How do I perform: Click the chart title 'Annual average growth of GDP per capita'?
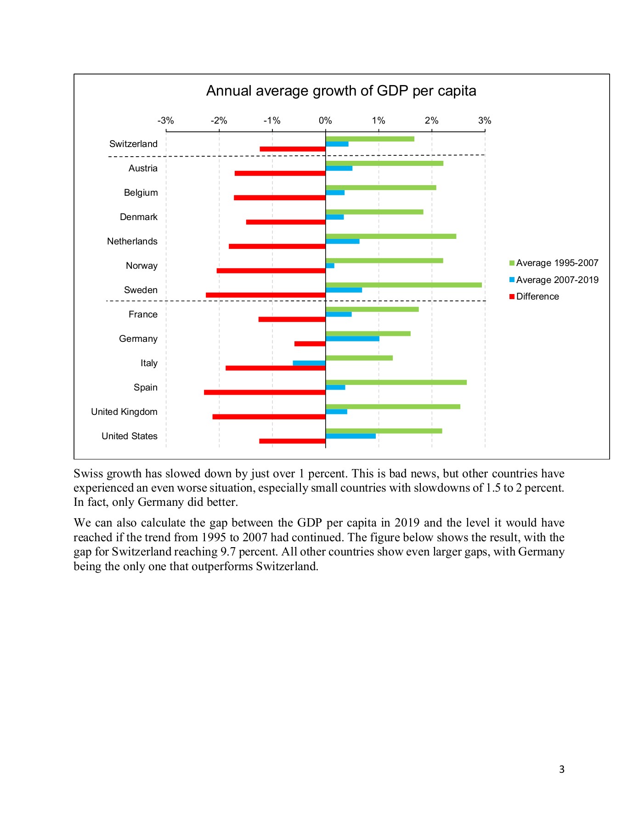pos(341,91)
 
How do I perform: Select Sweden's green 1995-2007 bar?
pos(403,285)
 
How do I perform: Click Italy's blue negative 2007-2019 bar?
pos(309,363)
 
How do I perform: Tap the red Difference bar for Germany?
pos(310,344)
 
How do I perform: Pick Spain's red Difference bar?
pos(265,392)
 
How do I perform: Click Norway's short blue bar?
pos(330,266)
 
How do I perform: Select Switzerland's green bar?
pos(370,139)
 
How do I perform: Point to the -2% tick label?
pos(219,121)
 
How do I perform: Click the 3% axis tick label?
pos(484,121)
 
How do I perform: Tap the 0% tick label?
pos(325,121)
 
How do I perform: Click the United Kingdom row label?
pos(124,412)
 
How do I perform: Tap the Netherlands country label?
pos(132,241)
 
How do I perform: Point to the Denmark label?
pos(138,217)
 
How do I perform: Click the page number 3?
pos(561,769)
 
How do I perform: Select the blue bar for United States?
pos(351,436)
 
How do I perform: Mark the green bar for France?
pos(372,309)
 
